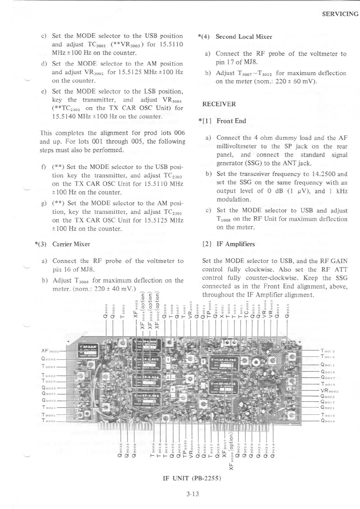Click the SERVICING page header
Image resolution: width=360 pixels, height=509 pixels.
click(340, 14)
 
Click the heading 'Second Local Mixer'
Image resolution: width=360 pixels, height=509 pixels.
click(244, 37)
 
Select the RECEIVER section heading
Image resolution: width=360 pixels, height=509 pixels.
click(219, 104)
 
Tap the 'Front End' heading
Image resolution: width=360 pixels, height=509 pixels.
click(231, 121)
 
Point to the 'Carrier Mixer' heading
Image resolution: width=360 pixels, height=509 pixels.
click(71, 244)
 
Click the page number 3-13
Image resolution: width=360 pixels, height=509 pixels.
click(192, 494)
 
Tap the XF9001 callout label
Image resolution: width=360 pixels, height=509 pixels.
click(49, 351)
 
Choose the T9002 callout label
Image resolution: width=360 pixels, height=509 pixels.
click(48, 421)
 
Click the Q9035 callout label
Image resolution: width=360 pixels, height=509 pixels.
click(48, 388)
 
